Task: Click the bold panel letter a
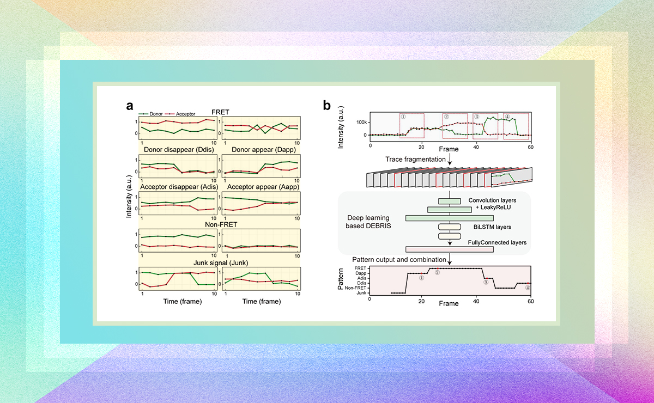[130, 106]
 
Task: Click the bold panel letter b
[327, 106]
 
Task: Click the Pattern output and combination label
[398, 259]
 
